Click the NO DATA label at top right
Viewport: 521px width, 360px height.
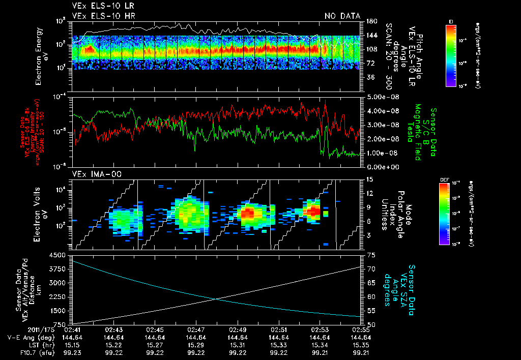pos(342,16)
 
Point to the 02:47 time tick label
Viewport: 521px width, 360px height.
pos(196,329)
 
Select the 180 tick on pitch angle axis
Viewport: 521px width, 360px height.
pos(370,21)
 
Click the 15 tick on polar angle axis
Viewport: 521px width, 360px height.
pos(369,179)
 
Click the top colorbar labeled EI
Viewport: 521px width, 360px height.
pos(451,54)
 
